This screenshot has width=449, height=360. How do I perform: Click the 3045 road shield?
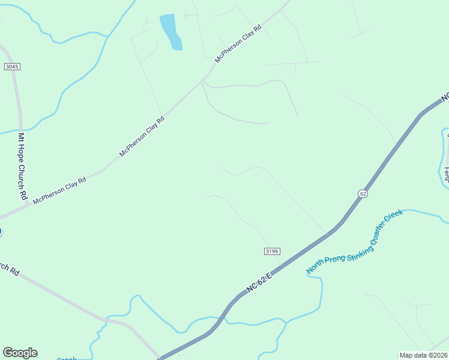(12, 66)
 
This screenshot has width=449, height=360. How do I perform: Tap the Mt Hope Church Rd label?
(22, 166)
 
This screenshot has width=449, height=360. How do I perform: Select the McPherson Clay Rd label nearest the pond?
(240, 44)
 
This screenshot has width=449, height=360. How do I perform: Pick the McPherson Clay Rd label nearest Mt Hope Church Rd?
(59, 190)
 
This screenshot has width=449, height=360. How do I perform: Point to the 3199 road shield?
(272, 251)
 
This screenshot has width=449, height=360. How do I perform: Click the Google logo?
(20, 353)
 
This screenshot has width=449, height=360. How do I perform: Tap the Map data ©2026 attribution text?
(423, 355)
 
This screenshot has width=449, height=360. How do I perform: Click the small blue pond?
(170, 31)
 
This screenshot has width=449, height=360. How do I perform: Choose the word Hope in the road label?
(21, 155)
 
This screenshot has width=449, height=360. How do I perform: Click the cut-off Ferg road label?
(446, 174)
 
